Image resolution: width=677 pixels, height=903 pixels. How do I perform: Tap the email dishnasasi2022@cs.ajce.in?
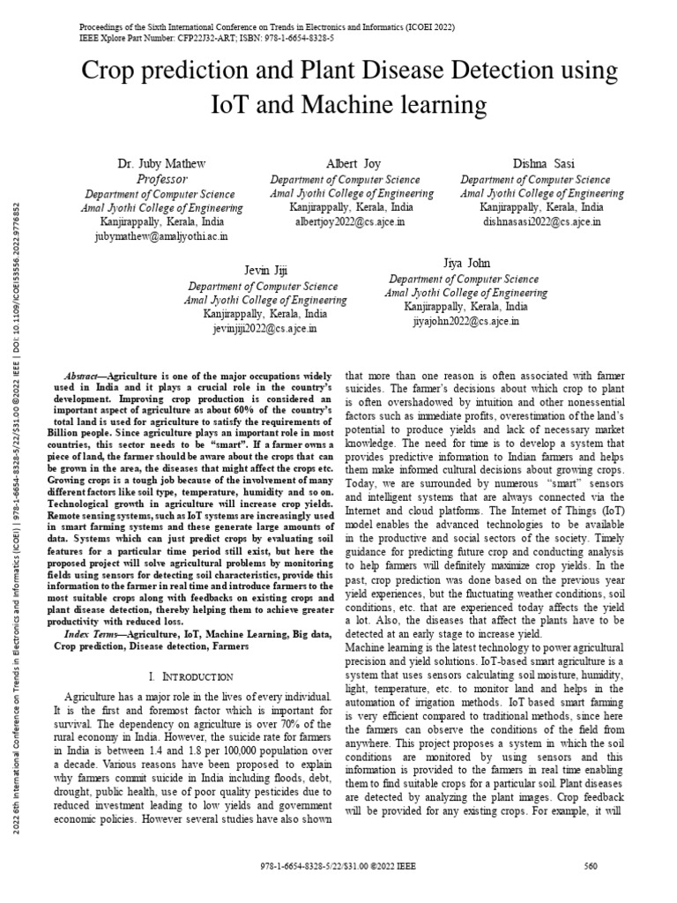541,222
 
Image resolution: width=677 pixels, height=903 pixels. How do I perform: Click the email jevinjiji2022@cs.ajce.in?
262,328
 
